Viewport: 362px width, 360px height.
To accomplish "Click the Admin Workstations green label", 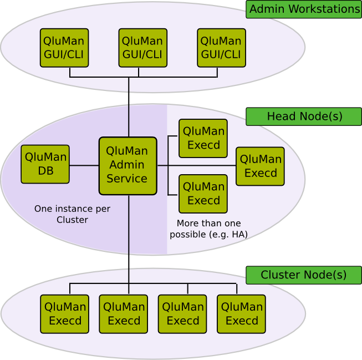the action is coord(304,9).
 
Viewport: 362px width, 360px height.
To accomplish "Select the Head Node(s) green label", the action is coord(304,116).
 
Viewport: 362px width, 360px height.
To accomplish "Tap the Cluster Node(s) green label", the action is coord(304,275).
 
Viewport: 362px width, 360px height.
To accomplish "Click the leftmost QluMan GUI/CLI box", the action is coord(64,48).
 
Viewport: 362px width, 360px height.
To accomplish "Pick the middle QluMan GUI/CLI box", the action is coord(143,48).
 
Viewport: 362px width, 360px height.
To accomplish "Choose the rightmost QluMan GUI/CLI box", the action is coord(221,48).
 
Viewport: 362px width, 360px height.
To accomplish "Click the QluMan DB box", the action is coord(45,164).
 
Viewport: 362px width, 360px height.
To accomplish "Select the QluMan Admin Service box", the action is coord(128,166).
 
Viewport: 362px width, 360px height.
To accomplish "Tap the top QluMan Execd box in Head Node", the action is coord(203,139).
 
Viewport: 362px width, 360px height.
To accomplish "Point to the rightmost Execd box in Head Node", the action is coord(260,166).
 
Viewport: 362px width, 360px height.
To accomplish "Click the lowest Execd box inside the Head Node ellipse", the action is coord(203,194).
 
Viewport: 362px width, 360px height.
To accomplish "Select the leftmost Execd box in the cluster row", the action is coord(65,314).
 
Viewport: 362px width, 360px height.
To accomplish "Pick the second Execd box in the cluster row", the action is coord(124,314).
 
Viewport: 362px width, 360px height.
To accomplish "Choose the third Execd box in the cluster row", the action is coord(182,314).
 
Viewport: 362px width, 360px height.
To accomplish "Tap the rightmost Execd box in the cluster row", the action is coord(241,314).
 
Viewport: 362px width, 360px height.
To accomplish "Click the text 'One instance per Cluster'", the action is coord(72,214).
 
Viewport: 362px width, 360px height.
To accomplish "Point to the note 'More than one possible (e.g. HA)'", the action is coord(208,229).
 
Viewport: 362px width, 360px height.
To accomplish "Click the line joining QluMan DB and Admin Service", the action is coord(84,165).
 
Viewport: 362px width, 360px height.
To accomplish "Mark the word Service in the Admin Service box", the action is coord(127,179).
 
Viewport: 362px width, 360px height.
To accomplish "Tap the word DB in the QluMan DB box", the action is coord(45,171).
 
